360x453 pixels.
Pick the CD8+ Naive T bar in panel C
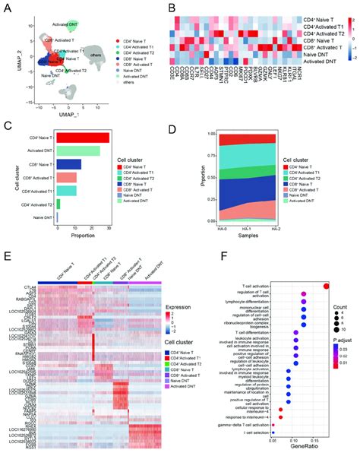pos(69,164)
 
